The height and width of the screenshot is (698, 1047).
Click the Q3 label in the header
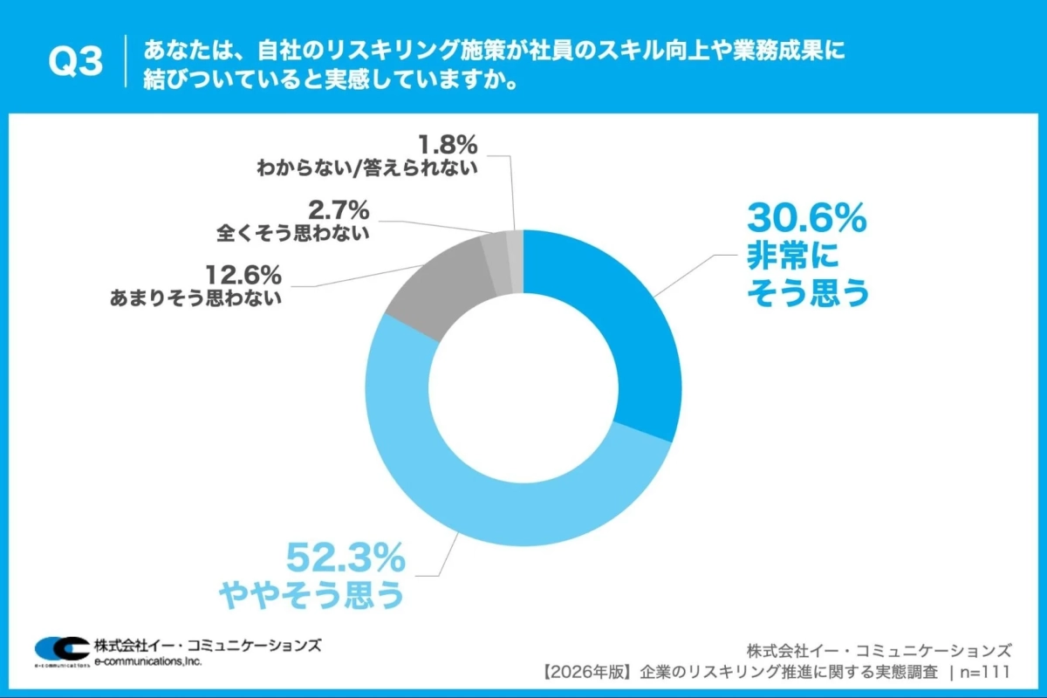point(75,61)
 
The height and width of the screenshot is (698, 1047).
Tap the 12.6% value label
point(243,275)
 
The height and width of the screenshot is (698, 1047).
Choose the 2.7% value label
point(338,210)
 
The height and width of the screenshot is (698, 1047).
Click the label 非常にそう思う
point(807,275)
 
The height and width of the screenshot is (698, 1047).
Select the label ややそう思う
point(311,594)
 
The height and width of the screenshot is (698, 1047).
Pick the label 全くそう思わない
point(292,234)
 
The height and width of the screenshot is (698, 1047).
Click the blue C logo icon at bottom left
point(59,649)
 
